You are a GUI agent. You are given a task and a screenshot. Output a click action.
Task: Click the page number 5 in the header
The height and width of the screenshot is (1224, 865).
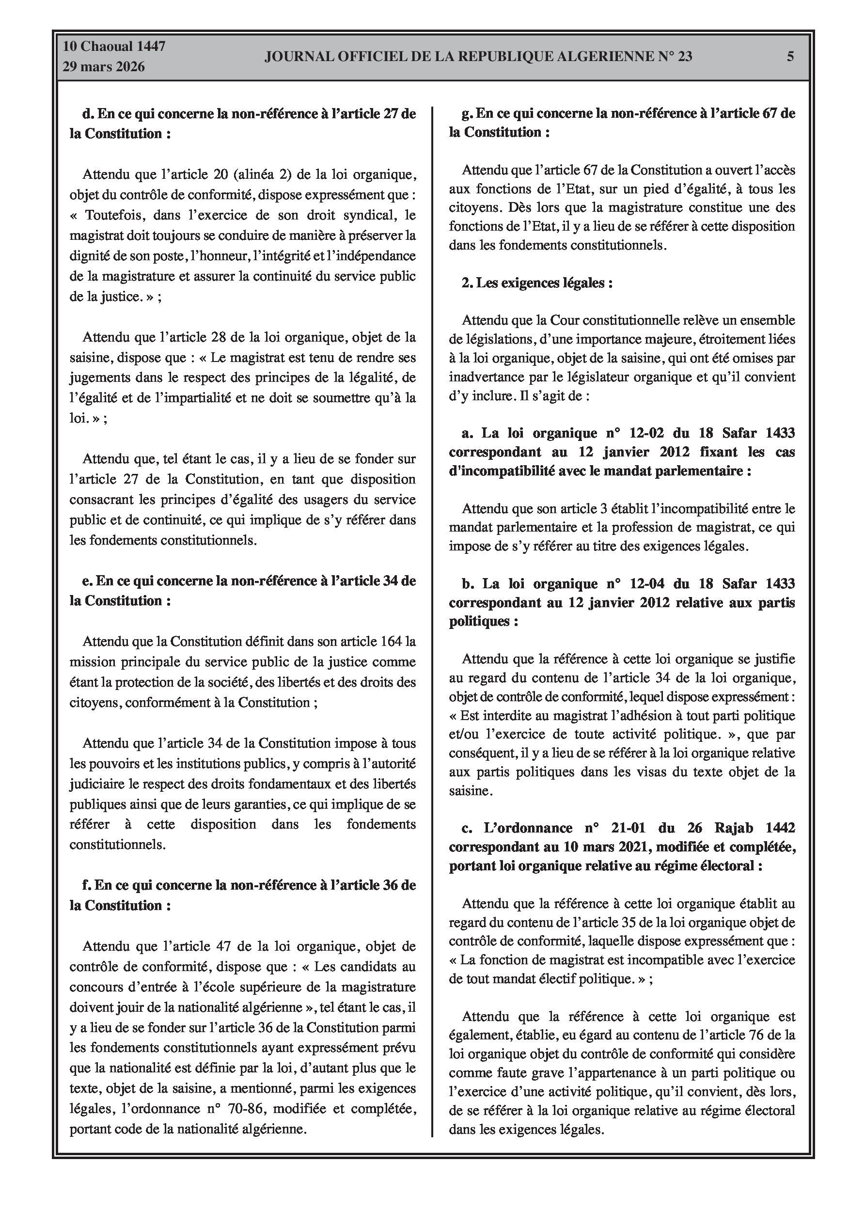[790, 57]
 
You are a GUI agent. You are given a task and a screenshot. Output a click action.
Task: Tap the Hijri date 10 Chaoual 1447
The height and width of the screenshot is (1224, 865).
[114, 47]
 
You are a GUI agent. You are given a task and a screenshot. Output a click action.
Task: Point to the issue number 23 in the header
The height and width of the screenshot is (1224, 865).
[685, 57]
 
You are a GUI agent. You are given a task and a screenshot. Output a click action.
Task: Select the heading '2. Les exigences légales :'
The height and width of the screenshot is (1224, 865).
[537, 282]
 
